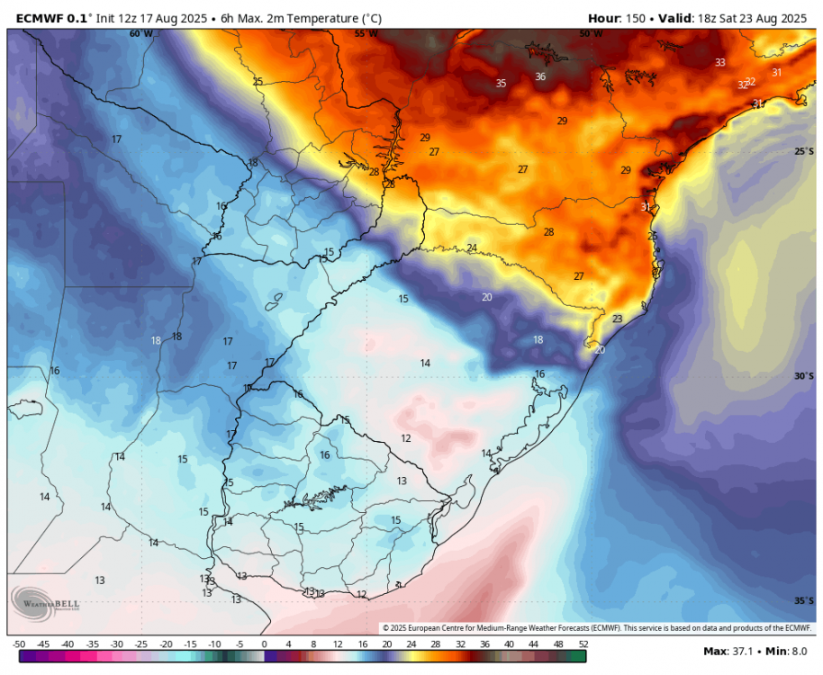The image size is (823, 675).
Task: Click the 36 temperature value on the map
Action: tap(540, 76)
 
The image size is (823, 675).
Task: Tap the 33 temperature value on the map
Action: tap(719, 62)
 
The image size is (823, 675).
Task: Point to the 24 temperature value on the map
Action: tap(472, 247)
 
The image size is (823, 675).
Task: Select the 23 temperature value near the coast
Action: tap(617, 319)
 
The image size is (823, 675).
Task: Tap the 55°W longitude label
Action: tap(366, 33)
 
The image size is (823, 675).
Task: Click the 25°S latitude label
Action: tap(804, 151)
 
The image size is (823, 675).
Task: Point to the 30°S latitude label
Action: tap(804, 376)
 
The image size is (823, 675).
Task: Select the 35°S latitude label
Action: tap(804, 601)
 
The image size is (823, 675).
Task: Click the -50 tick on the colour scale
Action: tap(18, 644)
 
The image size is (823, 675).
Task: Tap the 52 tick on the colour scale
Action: tap(583, 644)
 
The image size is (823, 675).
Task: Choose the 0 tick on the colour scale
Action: tap(264, 644)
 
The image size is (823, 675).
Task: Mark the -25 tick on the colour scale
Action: tap(141, 644)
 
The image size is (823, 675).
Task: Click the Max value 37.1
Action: tap(746, 651)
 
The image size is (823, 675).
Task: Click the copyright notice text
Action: tap(596, 627)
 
